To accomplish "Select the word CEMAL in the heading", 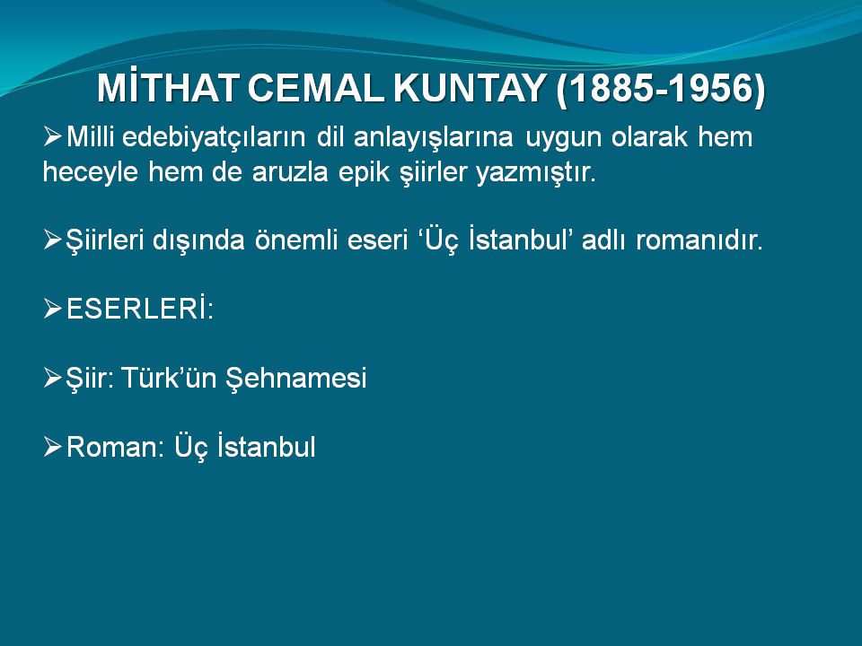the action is [x=316, y=87].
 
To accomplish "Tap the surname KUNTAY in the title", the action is [x=470, y=87].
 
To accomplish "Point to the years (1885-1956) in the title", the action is [x=661, y=89].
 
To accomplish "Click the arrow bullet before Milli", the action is [x=52, y=136].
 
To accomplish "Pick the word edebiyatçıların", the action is [x=214, y=137].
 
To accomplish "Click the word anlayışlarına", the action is [x=434, y=137].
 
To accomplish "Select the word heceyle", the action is [x=90, y=172].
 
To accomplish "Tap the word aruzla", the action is [x=290, y=172].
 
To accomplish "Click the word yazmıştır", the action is [x=536, y=173].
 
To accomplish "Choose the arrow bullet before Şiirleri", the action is [x=52, y=240].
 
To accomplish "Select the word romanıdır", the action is [x=699, y=240].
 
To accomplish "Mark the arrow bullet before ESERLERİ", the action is [x=52, y=309].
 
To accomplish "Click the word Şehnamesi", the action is [x=296, y=379].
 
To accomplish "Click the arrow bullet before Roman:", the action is [x=52, y=447].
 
